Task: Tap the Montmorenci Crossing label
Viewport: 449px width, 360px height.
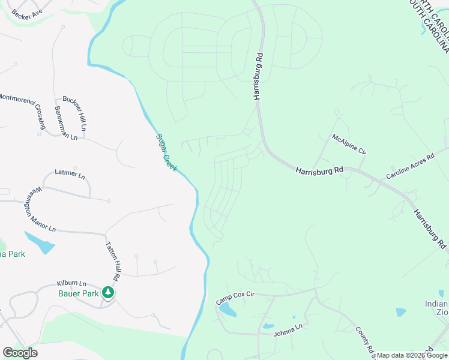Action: pyautogui.click(x=23, y=110)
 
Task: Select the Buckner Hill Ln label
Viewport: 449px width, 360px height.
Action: pyautogui.click(x=74, y=113)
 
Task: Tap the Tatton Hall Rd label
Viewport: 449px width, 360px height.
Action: pyautogui.click(x=113, y=261)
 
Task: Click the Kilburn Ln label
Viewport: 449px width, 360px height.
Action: pyautogui.click(x=72, y=283)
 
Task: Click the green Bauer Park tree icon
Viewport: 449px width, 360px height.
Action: pyautogui.click(x=108, y=293)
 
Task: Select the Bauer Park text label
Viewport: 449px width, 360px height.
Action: pyautogui.click(x=79, y=293)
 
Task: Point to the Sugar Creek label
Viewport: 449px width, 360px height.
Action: pyautogui.click(x=166, y=152)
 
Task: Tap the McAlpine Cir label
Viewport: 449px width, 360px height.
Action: pyautogui.click(x=349, y=144)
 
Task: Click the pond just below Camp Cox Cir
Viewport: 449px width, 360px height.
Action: pyautogui.click(x=227, y=310)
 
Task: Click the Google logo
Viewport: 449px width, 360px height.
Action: pyautogui.click(x=20, y=353)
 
